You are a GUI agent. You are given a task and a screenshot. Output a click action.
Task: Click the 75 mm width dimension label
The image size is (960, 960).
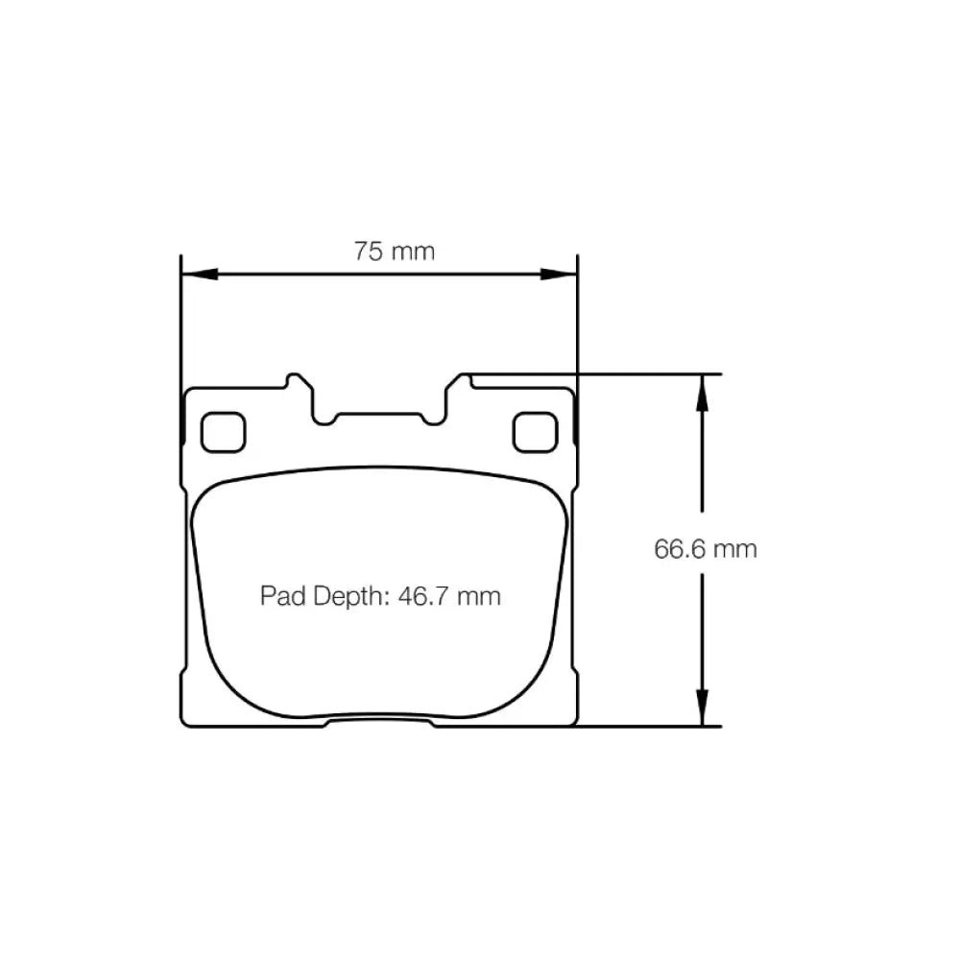[x=395, y=251]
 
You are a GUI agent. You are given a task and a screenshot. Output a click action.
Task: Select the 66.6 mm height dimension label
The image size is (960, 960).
[x=706, y=548]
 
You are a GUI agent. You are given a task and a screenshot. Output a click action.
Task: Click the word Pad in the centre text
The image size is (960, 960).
[x=283, y=596]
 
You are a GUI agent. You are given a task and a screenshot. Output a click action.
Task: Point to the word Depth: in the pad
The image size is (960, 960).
[x=351, y=597]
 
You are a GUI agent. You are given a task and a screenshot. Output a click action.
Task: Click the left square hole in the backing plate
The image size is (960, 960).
[x=224, y=432]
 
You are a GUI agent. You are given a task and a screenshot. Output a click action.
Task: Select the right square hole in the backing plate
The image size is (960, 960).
[x=535, y=432]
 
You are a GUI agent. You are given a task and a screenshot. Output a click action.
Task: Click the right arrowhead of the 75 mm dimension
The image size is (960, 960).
[x=559, y=274]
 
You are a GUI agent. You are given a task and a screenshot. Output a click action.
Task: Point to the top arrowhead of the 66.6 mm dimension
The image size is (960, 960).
[x=703, y=393]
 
